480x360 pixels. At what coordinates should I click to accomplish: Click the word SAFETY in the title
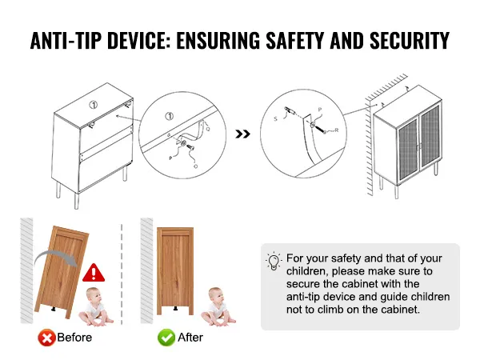pyautogui.click(x=294, y=40)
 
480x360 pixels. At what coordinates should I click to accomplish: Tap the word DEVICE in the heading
pyautogui.click(x=138, y=40)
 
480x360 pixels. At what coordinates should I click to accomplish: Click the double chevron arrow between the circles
pyautogui.click(x=242, y=134)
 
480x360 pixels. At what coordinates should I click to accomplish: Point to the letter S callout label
pyautogui.click(x=275, y=118)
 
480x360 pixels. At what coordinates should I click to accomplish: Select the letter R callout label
pyautogui.click(x=337, y=130)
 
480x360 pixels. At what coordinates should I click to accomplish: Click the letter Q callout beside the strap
pyautogui.click(x=208, y=129)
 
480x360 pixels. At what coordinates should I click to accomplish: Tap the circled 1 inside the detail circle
pyautogui.click(x=170, y=116)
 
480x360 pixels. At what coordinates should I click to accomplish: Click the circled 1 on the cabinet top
pyautogui.click(x=94, y=105)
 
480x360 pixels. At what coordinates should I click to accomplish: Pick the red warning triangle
pyautogui.click(x=94, y=273)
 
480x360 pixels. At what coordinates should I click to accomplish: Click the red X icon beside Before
pyautogui.click(x=46, y=338)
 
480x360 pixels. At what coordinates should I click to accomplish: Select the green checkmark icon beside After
pyautogui.click(x=166, y=338)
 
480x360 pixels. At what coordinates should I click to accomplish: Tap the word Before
pyautogui.click(x=74, y=338)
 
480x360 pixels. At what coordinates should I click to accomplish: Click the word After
pyautogui.click(x=190, y=338)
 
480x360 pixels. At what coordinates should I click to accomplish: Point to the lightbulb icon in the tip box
pyautogui.click(x=274, y=262)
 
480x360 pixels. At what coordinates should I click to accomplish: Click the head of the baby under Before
pyautogui.click(x=94, y=295)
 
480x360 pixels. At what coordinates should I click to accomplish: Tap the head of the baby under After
pyautogui.click(x=216, y=295)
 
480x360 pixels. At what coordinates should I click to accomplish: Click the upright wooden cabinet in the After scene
pyautogui.click(x=175, y=271)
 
